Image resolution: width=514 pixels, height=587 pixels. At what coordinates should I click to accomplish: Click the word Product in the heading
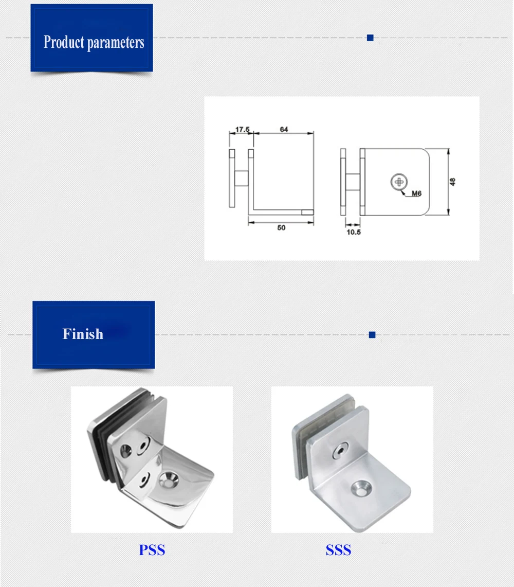[64, 42]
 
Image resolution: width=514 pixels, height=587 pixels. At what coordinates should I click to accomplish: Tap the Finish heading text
[83, 334]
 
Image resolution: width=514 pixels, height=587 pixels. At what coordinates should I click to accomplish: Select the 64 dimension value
[284, 130]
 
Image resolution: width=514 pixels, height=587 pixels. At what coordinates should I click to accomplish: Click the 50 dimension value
[281, 227]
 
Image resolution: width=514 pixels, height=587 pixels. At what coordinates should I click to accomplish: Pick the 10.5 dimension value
[353, 232]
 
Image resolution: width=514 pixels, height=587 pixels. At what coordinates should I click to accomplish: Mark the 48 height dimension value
[453, 182]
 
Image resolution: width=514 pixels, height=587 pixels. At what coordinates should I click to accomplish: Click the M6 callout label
[416, 194]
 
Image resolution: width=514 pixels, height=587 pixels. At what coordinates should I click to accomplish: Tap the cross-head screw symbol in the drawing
[398, 181]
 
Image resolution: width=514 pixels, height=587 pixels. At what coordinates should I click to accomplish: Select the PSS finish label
[152, 550]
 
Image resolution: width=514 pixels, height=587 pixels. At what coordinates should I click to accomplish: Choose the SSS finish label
[338, 550]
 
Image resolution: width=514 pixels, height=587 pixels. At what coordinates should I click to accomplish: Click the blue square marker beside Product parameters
[370, 38]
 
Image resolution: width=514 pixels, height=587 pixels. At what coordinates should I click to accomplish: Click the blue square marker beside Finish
[372, 335]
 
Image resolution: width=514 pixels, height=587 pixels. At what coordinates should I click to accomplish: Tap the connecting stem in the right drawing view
[353, 182]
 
